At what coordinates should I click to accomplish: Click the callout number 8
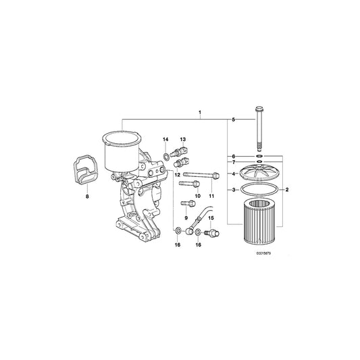point(86,197)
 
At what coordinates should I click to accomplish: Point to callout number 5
point(233,120)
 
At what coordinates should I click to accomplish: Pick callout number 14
point(164,139)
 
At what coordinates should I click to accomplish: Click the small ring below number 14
point(165,157)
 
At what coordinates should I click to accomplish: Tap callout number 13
point(182,139)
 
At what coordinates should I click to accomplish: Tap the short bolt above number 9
point(185,203)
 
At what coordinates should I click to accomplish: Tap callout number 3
point(233,190)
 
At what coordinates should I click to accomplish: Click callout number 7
point(233,163)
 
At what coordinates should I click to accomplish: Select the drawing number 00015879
point(265,254)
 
